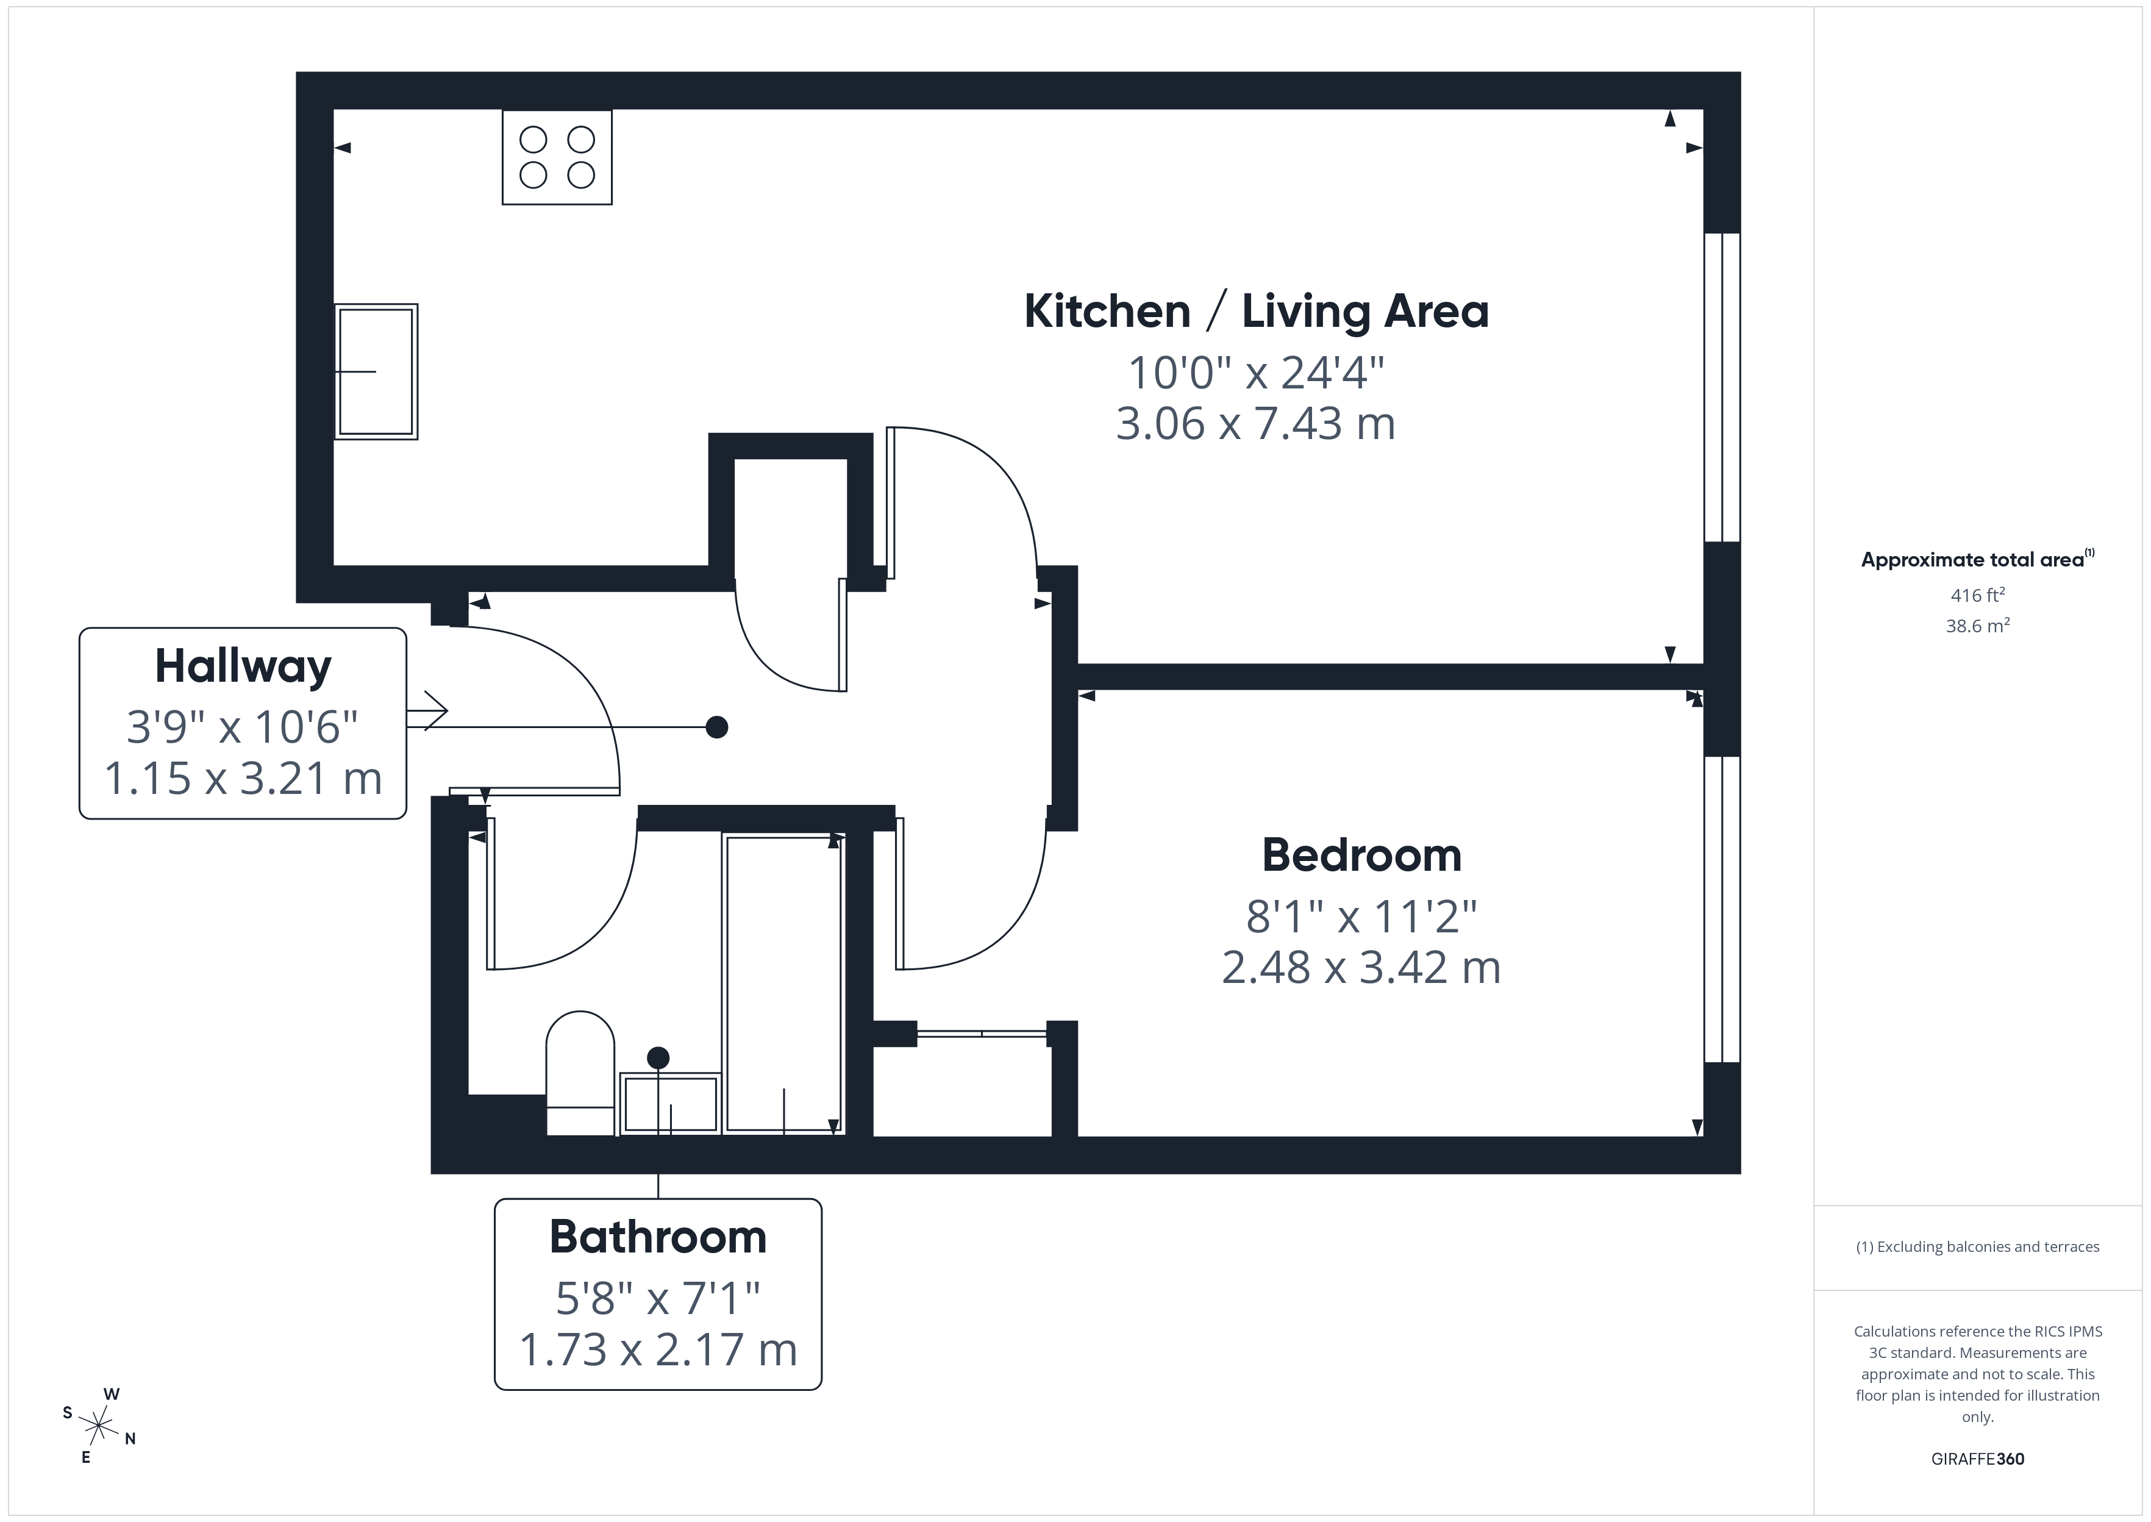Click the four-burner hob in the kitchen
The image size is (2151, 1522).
coord(557,157)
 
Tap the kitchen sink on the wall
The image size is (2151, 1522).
coord(376,371)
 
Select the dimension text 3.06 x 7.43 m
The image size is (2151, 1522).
coord(1255,424)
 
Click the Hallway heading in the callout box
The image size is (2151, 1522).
coord(243,666)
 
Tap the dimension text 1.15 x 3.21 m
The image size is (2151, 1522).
coord(243,779)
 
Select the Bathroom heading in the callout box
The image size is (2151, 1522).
coord(658,1237)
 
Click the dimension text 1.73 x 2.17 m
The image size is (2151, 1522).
coord(658,1349)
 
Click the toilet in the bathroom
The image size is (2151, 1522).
coord(580,1073)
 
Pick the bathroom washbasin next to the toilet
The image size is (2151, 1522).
coord(671,1104)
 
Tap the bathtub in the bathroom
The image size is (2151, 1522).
coord(784,984)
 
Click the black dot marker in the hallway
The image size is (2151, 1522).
coord(716,727)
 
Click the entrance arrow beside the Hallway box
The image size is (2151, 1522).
coord(428,710)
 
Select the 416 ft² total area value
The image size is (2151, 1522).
coord(1977,595)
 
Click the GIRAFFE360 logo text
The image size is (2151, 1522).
coord(1977,1459)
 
